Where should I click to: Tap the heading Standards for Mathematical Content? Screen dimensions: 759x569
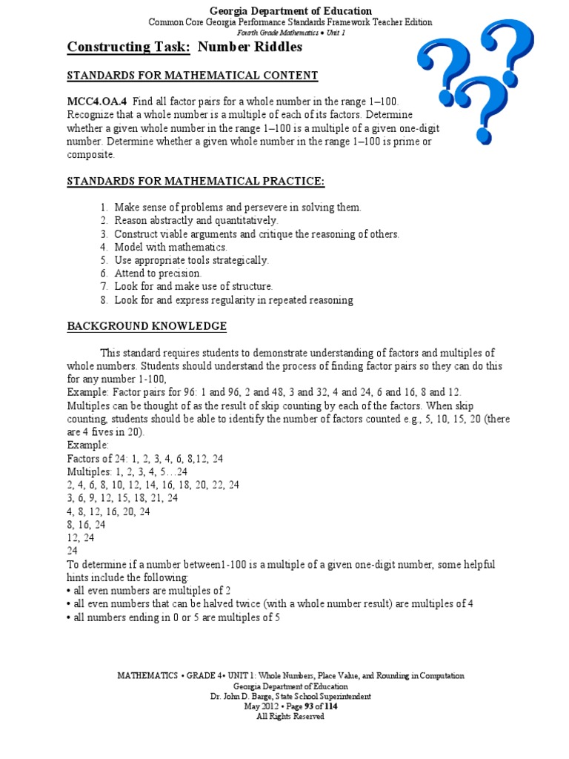tap(193, 76)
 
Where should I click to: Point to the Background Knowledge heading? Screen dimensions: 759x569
tap(147, 326)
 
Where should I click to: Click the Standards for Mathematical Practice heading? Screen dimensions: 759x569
tap(196, 182)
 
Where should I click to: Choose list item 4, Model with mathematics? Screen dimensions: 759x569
tap(170, 247)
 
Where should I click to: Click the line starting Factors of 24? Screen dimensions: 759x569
tap(144, 459)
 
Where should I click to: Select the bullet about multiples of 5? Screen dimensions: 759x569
tap(173, 617)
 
